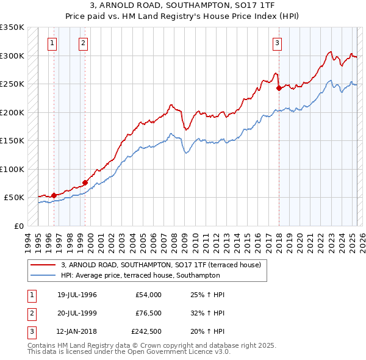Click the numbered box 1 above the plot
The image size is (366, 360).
(x=52, y=43)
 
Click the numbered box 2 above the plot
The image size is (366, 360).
(x=83, y=43)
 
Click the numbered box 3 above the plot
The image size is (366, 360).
(x=277, y=43)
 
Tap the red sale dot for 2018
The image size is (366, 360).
(x=279, y=88)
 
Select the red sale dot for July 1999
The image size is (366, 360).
(x=85, y=182)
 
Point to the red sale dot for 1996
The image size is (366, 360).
(x=54, y=195)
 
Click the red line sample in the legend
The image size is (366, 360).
(x=43, y=265)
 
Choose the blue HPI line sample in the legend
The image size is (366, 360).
(x=43, y=276)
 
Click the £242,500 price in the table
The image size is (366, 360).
(x=146, y=331)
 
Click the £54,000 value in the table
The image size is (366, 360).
(x=148, y=295)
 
